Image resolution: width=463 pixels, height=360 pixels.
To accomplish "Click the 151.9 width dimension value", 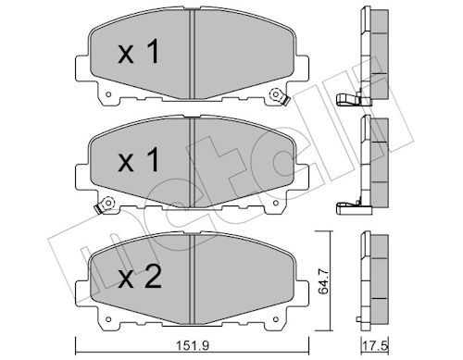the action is [x=193, y=345].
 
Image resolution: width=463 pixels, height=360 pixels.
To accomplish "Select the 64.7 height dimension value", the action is [x=324, y=280].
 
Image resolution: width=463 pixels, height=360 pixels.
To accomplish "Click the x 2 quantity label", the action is [x=140, y=277].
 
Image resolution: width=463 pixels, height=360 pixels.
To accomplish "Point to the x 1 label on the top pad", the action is [x=139, y=51].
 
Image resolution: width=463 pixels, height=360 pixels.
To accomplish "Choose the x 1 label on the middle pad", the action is [x=139, y=159].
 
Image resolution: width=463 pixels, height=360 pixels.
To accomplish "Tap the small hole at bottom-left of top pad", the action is [x=108, y=94].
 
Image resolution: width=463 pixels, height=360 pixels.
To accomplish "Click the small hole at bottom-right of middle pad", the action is [x=276, y=203].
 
